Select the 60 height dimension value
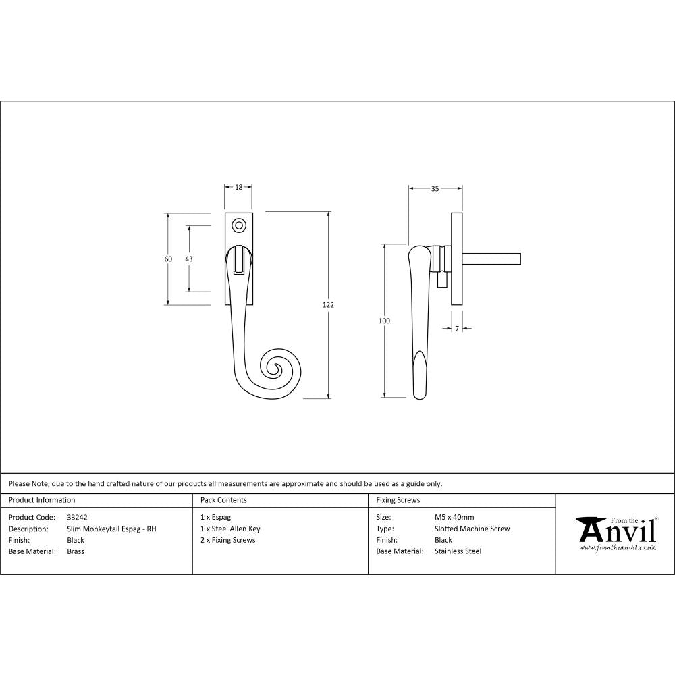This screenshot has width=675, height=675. coord(168,259)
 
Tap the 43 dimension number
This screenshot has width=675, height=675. coord(189,259)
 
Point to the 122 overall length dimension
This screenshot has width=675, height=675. coord(328,305)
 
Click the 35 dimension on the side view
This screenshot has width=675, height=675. coord(435,189)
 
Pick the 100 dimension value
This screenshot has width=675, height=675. coord(384,321)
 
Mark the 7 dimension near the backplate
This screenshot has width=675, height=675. coord(457,328)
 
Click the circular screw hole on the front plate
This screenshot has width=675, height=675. coord(238,225)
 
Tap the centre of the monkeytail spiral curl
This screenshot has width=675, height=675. coord(275,368)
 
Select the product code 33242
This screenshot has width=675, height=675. coord(78,518)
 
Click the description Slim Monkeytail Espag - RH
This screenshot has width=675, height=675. coord(111,529)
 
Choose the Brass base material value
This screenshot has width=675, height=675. coord(76,551)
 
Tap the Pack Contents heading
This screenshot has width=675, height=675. coord(223,500)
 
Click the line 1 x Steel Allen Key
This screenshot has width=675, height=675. coord(230,529)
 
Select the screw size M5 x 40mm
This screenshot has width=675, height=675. coord(454,518)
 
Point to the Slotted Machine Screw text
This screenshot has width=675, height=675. coord(472,529)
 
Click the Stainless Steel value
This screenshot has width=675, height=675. coord(458,551)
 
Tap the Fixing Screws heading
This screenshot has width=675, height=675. coord(398,500)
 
